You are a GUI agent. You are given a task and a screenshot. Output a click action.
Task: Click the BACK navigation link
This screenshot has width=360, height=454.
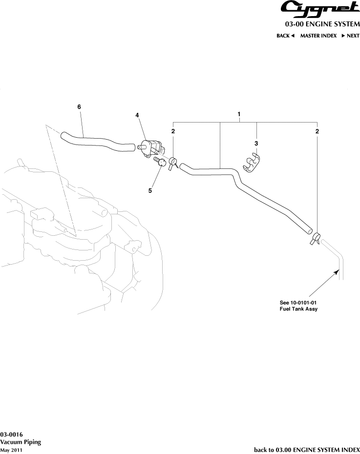[285, 36]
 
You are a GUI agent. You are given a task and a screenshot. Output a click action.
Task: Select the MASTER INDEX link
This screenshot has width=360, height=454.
[318, 36]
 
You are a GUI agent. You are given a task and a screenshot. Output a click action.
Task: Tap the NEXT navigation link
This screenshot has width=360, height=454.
[350, 36]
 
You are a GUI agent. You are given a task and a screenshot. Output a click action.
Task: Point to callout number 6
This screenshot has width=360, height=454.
[79, 106]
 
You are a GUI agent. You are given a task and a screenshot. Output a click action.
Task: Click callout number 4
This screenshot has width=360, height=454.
[137, 115]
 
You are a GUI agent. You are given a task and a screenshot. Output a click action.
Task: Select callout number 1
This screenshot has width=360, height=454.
[239, 114]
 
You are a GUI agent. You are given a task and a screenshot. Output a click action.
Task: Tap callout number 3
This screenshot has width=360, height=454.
[256, 144]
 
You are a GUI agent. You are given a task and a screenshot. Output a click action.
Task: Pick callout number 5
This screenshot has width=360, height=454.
[150, 190]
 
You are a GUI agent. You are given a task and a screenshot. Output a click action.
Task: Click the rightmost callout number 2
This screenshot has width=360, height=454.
[317, 131]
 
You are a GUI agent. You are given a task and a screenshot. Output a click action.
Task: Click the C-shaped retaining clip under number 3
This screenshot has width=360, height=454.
[251, 163]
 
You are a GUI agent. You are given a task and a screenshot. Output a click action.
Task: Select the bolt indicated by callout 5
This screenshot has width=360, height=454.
[159, 161]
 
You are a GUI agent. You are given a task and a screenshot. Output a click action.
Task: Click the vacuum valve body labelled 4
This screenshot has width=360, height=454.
[152, 148]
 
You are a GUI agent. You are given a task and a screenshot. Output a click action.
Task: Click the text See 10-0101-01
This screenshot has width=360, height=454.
[298, 303]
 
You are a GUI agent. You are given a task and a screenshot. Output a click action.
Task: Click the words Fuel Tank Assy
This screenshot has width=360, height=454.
[298, 309]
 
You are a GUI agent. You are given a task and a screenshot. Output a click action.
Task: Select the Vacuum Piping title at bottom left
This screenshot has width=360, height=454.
[21, 442]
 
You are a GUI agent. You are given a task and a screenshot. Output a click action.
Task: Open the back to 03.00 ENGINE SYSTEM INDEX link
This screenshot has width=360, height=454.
[307, 450]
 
